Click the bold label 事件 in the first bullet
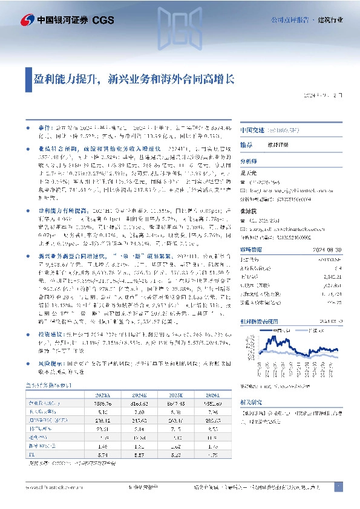[x=45, y=129]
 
